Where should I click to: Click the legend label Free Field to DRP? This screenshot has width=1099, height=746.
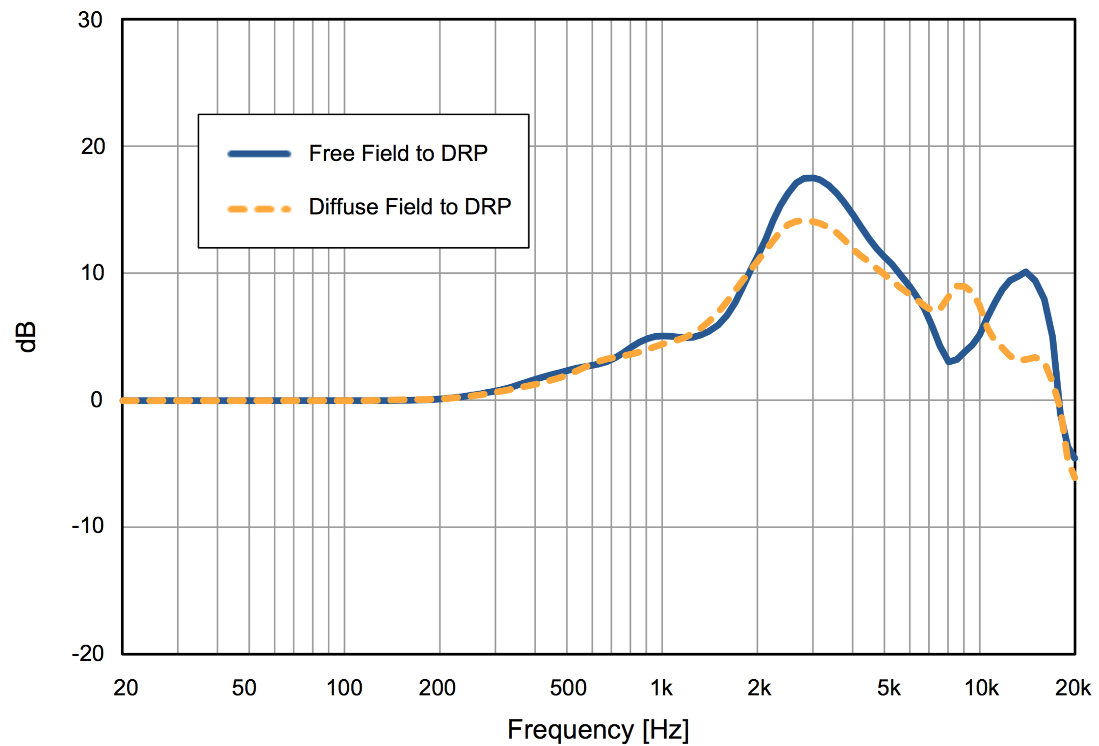(x=398, y=153)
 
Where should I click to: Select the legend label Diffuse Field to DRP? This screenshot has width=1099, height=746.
(x=410, y=207)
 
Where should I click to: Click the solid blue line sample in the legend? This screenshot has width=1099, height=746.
(x=259, y=154)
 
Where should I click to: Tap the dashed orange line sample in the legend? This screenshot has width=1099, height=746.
(x=259, y=209)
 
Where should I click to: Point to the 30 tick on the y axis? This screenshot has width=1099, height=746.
(x=90, y=20)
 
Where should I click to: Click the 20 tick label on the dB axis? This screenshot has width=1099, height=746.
(x=93, y=147)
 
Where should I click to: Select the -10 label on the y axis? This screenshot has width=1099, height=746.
(x=88, y=526)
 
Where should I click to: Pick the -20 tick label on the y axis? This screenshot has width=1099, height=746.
(x=88, y=653)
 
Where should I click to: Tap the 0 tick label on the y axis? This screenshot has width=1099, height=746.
(x=97, y=400)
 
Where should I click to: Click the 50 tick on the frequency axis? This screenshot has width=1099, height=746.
(x=244, y=688)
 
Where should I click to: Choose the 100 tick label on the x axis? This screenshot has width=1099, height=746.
(x=344, y=688)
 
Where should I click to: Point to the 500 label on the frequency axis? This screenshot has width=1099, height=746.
(x=568, y=688)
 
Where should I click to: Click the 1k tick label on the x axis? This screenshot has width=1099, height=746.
(x=661, y=688)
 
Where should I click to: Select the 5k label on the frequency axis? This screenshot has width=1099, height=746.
(x=889, y=688)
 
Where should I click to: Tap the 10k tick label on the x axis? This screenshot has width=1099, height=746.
(x=981, y=688)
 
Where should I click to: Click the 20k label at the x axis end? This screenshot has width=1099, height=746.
(x=1073, y=688)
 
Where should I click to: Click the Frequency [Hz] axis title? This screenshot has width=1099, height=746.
(x=598, y=729)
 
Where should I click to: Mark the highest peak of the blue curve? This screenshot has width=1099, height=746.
(x=812, y=178)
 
